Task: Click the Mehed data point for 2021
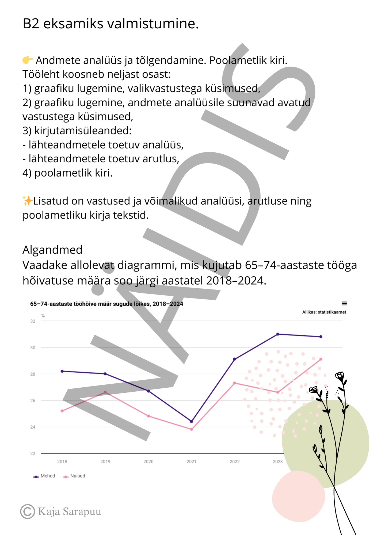click(x=191, y=421)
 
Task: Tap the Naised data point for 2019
click(x=105, y=392)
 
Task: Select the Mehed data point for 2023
click(x=278, y=334)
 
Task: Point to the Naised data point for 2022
click(x=234, y=383)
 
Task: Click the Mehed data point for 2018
click(x=62, y=371)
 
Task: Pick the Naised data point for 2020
click(x=148, y=416)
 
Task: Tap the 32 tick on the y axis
click(x=33, y=321)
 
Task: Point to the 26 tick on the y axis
click(x=33, y=400)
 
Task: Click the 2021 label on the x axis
click(x=191, y=461)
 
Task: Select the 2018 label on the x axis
click(x=62, y=461)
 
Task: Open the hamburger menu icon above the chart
click(x=344, y=303)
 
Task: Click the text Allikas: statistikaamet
click(x=324, y=312)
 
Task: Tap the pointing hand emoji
click(x=28, y=60)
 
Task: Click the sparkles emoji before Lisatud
click(x=28, y=201)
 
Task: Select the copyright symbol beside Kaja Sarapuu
click(x=28, y=511)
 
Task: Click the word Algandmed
click(x=52, y=250)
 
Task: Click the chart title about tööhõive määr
click(x=106, y=304)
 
